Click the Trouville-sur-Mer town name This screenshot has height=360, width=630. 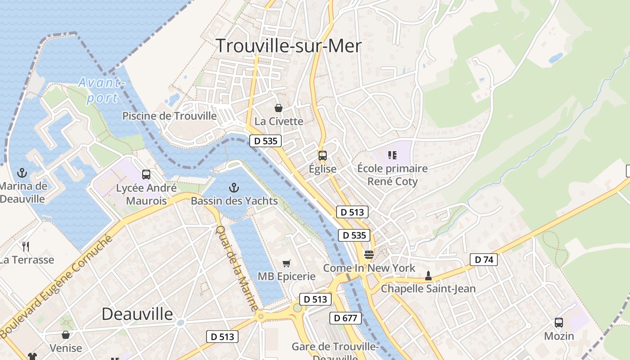[x=288, y=46]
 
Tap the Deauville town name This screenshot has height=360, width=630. [x=137, y=314]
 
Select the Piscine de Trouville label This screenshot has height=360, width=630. [x=170, y=116]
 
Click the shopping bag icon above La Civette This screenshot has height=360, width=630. [x=279, y=108]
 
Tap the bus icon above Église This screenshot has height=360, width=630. [x=323, y=156]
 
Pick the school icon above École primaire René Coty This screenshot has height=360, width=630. [x=392, y=155]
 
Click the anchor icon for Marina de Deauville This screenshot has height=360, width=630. [x=22, y=173]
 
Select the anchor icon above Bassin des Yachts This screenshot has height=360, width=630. [x=234, y=188]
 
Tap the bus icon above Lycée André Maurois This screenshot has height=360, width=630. [x=146, y=175]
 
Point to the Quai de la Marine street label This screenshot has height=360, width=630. [x=237, y=268]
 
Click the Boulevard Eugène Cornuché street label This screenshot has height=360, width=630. [x=56, y=286]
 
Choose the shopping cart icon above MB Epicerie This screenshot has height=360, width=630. [x=286, y=263]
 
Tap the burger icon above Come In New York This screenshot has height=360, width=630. [x=369, y=255]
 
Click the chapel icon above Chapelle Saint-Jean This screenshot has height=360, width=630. [x=428, y=275]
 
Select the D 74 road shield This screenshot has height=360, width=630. [x=484, y=259]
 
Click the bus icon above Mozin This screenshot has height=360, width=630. [x=559, y=323]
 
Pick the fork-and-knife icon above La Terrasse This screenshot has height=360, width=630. [x=26, y=246]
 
